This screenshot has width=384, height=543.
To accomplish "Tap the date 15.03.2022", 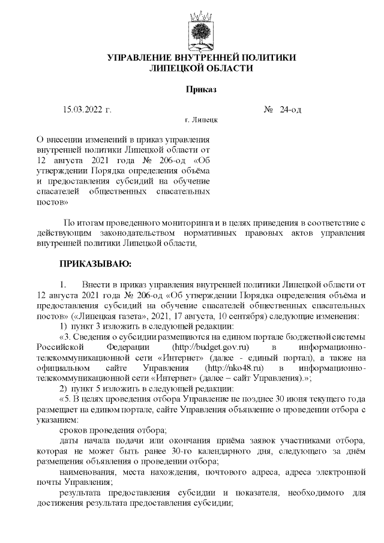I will click(x=83, y=110).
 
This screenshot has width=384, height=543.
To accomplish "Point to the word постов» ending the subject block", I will click(x=52, y=202).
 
